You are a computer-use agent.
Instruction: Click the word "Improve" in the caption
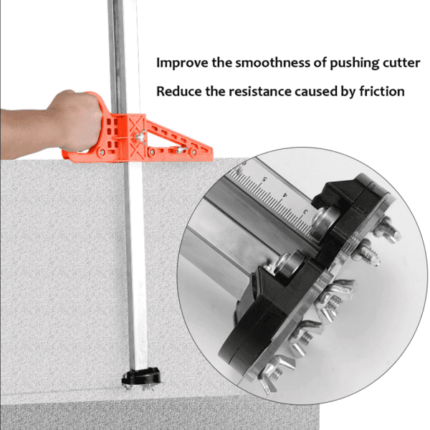click(182, 63)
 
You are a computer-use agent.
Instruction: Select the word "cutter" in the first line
click(401, 63)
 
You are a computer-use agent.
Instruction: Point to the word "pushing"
click(355, 63)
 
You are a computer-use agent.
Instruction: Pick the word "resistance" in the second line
click(260, 92)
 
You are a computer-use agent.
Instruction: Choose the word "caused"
click(316, 92)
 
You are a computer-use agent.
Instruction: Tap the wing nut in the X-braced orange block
click(140, 136)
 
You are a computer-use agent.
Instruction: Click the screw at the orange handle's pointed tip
click(193, 152)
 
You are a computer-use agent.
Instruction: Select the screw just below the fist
click(102, 152)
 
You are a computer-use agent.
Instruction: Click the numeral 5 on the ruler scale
click(264, 180)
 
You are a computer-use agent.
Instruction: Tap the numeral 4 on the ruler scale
click(285, 195)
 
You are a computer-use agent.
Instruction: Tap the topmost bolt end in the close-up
click(387, 229)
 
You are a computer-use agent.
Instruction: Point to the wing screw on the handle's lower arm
click(181, 150)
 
